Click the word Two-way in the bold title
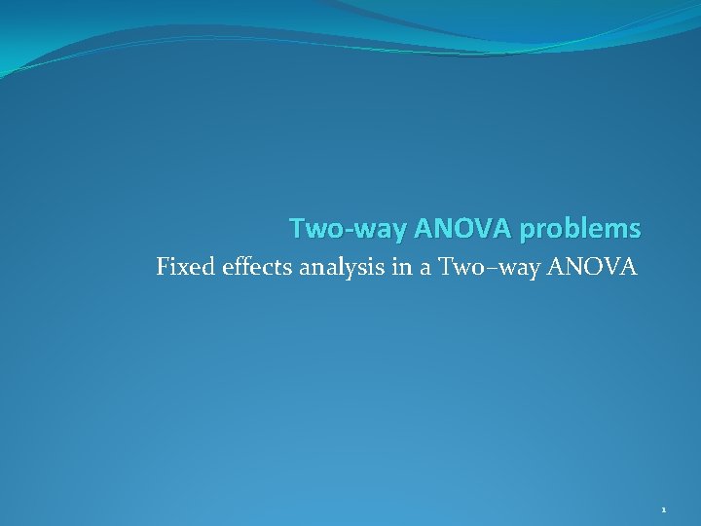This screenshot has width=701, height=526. pyautogui.click(x=349, y=230)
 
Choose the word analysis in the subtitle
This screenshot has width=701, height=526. pyautogui.click(x=341, y=267)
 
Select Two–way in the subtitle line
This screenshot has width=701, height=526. pyautogui.click(x=486, y=266)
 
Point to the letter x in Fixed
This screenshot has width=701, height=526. pyautogui.click(x=186, y=267)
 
